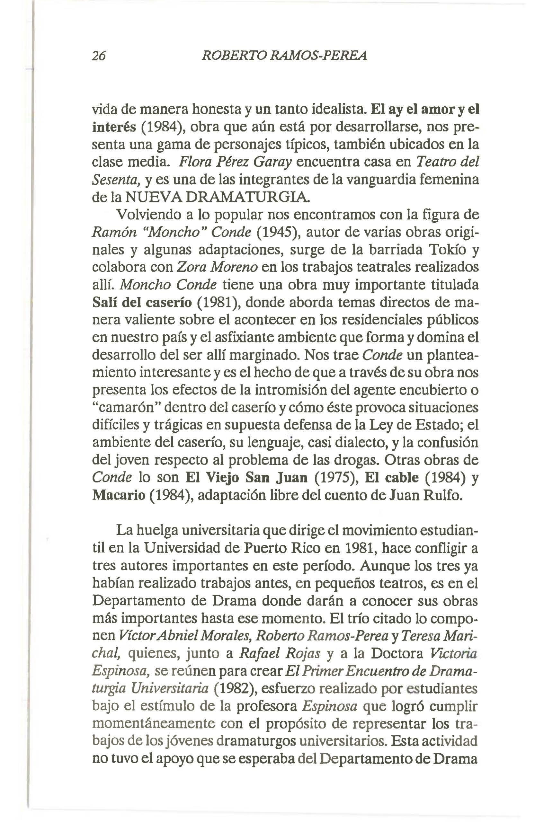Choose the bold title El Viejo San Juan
[x=246, y=478]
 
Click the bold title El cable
[x=392, y=478]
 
